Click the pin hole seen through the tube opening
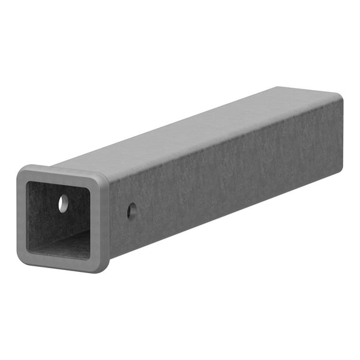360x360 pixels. click(x=63, y=202)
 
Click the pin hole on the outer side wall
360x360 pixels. click(x=132, y=211)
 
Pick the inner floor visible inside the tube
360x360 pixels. click(x=66, y=245)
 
